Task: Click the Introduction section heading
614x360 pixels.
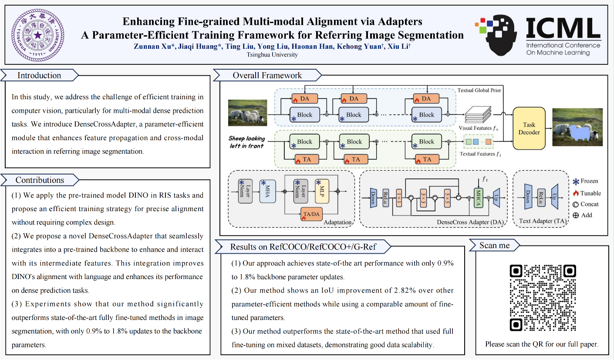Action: point(39,75)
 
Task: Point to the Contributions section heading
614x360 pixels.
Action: point(40,180)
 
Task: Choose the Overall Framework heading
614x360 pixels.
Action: point(267,75)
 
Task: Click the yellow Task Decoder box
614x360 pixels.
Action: point(529,128)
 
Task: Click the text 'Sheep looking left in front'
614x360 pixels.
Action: point(246,142)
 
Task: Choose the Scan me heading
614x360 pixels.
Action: point(494,245)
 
